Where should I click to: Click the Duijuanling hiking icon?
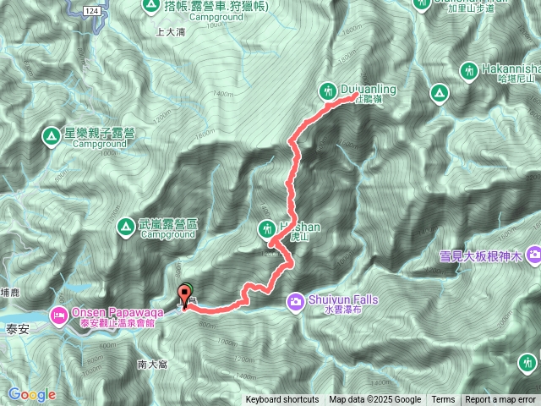click(x=329, y=90)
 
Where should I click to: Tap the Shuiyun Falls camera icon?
click(x=295, y=300)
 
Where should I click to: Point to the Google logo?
click(x=31, y=394)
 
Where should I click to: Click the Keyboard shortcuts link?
click(x=282, y=400)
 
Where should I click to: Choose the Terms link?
click(x=443, y=400)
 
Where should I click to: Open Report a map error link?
click(x=500, y=400)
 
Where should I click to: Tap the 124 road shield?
click(x=92, y=7)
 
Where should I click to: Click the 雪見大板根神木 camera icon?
click(x=533, y=253)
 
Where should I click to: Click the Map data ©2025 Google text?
click(x=375, y=400)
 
